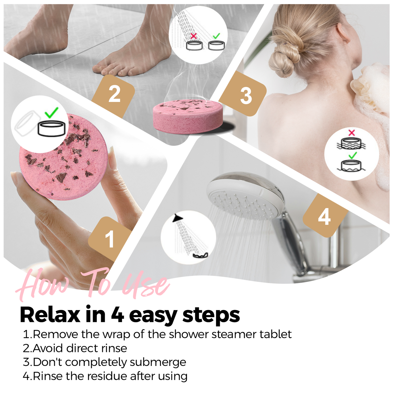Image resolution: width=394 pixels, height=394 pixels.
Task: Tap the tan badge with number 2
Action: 114,94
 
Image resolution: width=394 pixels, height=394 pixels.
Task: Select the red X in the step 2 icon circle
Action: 194,36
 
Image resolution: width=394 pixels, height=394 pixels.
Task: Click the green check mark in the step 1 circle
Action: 52,112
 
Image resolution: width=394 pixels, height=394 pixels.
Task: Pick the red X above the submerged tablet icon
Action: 352,133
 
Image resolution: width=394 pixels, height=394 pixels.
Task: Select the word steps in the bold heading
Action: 211,315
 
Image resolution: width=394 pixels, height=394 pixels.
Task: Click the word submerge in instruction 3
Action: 158,362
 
